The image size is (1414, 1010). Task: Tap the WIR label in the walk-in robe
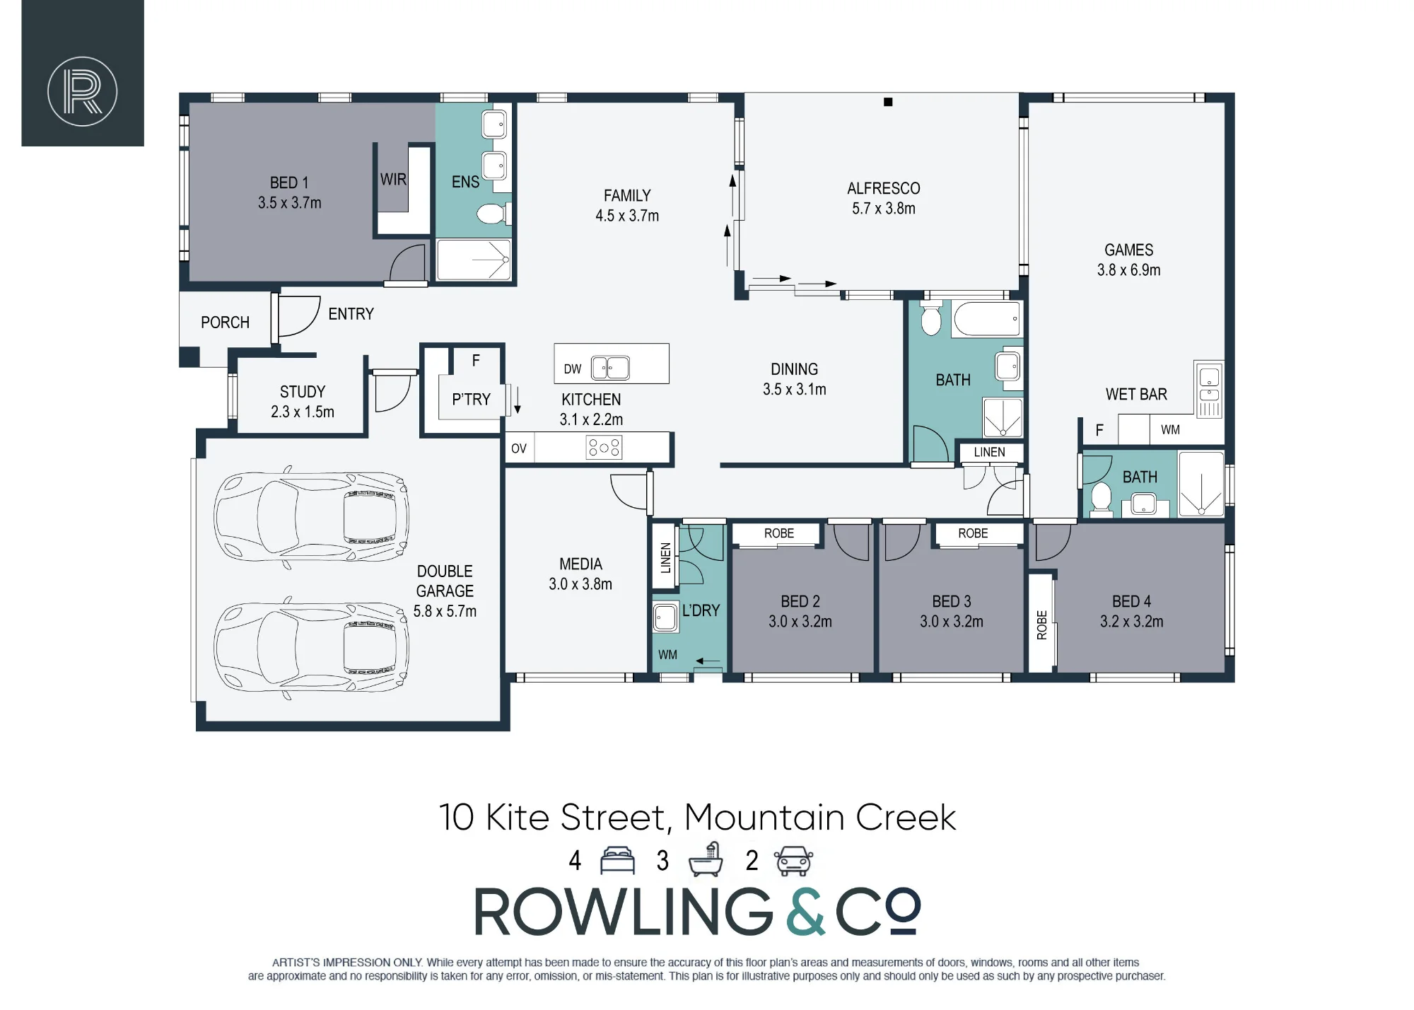click(x=393, y=180)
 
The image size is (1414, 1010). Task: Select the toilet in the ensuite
click(x=493, y=213)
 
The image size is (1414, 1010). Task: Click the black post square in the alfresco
click(x=888, y=102)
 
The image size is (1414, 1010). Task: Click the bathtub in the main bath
click(x=987, y=318)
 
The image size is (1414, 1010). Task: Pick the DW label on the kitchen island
click(x=573, y=369)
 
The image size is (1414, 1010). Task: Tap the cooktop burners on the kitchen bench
click(x=604, y=448)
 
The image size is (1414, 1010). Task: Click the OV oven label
click(x=519, y=448)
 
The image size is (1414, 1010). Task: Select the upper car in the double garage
click(x=311, y=517)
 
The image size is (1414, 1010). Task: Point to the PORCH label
click(x=225, y=323)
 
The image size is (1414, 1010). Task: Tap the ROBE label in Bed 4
click(x=1041, y=625)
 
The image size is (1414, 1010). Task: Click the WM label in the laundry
click(x=667, y=655)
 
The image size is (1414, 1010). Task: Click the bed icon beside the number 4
click(x=618, y=861)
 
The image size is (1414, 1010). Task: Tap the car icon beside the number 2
click(x=794, y=861)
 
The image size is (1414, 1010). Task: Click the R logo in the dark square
click(x=83, y=92)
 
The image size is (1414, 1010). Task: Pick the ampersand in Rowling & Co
click(x=806, y=912)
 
